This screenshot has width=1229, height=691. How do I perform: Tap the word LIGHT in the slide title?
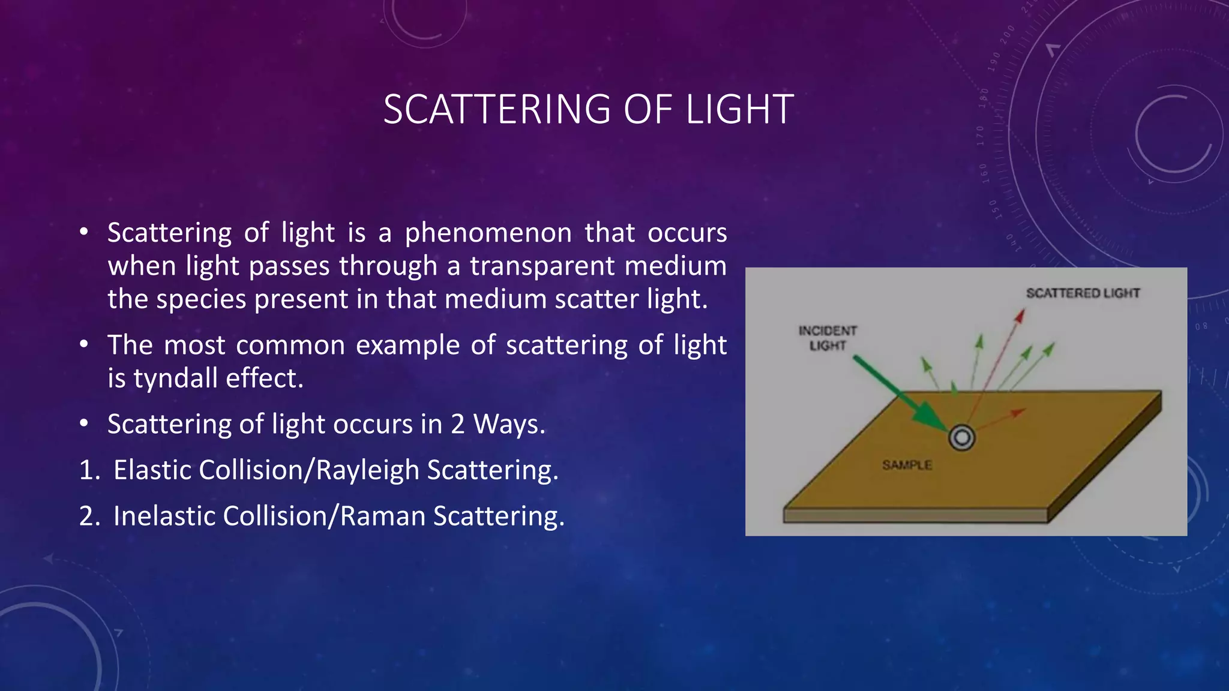[739, 110]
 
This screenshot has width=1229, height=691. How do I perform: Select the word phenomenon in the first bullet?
[488, 233]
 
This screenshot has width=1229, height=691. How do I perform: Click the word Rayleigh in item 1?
[367, 470]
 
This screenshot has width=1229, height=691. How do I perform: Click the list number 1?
[88, 470]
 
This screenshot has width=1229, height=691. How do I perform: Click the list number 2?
[88, 516]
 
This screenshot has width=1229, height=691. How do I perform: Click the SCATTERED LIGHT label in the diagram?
[1083, 293]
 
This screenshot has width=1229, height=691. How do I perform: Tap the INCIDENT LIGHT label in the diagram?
[828, 338]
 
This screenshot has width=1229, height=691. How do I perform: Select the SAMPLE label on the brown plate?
[907, 465]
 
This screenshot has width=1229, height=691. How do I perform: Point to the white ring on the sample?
[961, 438]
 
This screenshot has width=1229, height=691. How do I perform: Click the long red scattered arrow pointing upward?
[997, 360]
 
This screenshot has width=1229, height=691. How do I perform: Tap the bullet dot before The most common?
[84, 345]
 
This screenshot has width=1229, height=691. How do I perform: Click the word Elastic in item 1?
[152, 470]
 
